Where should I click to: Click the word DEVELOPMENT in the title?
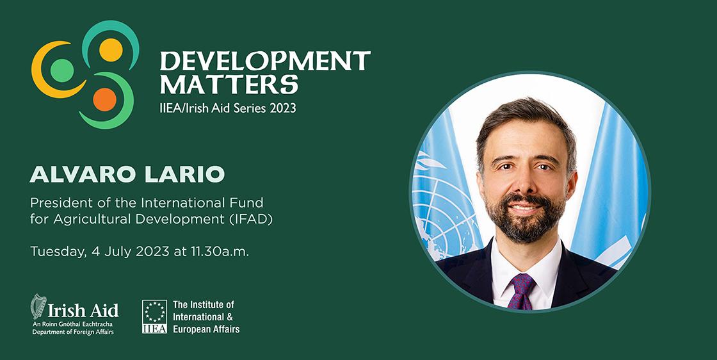click(x=265, y=60)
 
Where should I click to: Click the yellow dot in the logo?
click(x=111, y=50)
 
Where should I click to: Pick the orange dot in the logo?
click(x=105, y=99)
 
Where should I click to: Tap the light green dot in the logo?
click(x=61, y=70)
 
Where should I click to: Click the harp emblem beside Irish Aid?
click(x=38, y=306)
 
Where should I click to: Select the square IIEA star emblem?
click(x=154, y=316)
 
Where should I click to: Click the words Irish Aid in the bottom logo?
click(x=83, y=310)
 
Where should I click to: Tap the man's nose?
click(x=525, y=181)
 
